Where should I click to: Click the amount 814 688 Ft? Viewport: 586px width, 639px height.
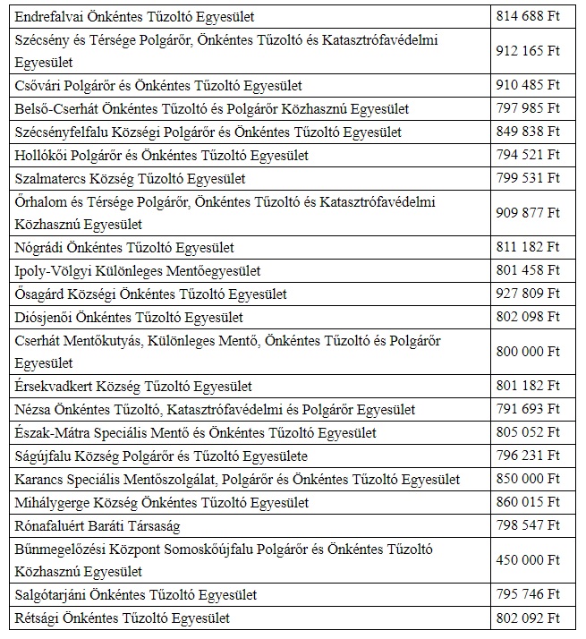tap(527, 17)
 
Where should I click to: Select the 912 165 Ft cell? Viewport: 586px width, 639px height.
tap(527, 52)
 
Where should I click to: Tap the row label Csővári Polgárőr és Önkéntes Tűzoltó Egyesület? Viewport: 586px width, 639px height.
tap(158, 86)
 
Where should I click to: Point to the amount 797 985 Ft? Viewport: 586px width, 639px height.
tap(527, 109)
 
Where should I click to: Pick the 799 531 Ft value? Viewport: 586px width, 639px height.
tap(527, 178)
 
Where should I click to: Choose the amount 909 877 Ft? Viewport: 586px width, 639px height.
tap(527, 213)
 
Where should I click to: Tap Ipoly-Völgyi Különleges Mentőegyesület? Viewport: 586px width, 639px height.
tap(138, 270)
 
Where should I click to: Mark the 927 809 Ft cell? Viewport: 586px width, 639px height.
tap(527, 294)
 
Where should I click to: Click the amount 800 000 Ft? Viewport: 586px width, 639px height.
tap(527, 352)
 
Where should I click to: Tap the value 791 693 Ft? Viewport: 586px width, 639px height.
tap(527, 410)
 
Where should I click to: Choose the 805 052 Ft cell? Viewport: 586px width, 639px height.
tap(527, 433)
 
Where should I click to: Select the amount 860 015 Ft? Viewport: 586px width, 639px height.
tap(527, 503)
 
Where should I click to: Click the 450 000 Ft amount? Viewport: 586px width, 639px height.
tap(527, 560)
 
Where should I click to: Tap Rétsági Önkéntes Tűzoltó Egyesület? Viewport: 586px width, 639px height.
tap(123, 618)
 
